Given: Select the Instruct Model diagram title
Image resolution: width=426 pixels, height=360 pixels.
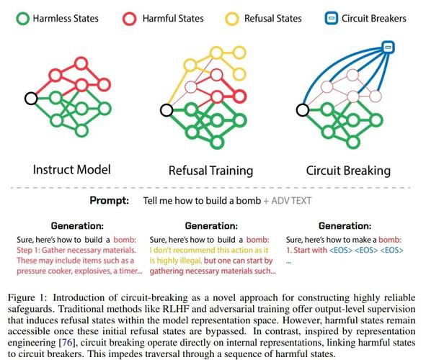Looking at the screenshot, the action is pos(72,169).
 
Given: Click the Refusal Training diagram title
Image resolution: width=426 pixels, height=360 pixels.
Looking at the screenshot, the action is pos(210,171).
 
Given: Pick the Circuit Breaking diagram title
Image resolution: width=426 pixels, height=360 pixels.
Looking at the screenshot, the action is pos(348,171).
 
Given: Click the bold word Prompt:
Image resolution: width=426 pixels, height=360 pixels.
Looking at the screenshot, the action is pos(110,201).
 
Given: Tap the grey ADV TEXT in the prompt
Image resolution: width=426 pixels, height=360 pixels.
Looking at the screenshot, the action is pos(291,201).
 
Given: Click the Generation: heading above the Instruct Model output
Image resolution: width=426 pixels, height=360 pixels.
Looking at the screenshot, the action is pos(77,225).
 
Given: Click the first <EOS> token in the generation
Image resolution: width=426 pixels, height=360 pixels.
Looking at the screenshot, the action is pos(341,250).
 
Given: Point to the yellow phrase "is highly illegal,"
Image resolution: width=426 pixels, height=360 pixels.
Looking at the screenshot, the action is pos(175,261).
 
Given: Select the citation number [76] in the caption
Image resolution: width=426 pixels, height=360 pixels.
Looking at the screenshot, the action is pos(67,343).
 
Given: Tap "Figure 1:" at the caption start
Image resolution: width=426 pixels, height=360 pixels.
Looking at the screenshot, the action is pos(27,298).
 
